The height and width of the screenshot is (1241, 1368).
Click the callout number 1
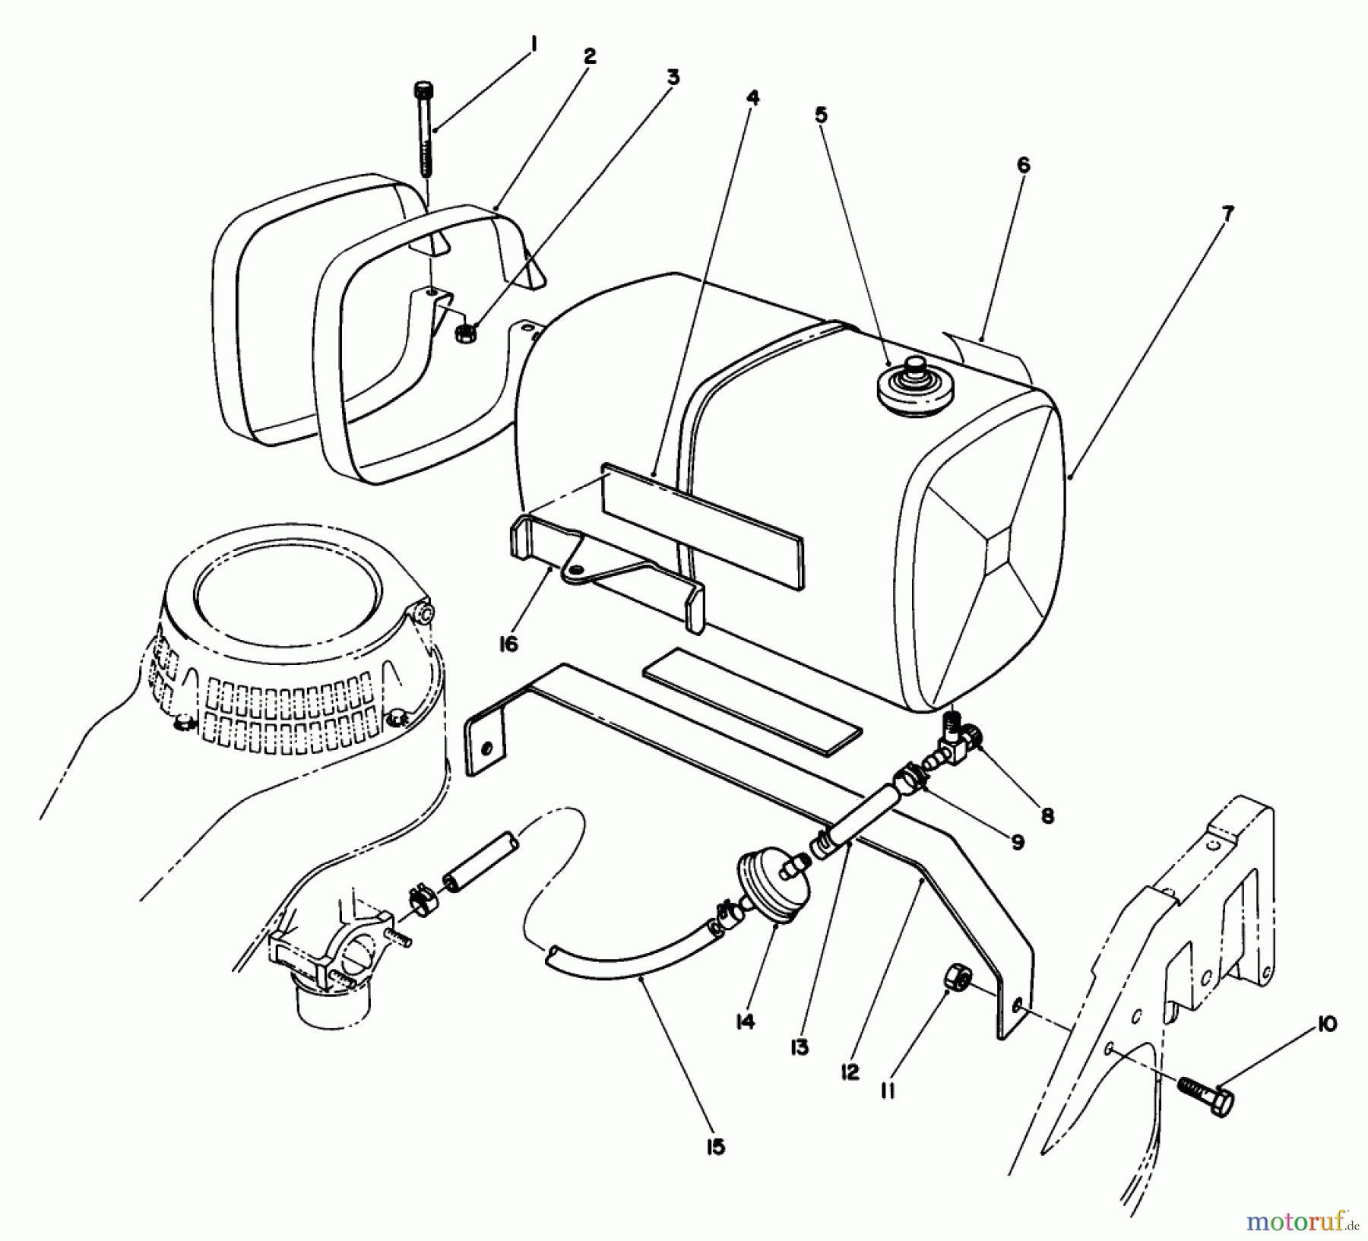(534, 46)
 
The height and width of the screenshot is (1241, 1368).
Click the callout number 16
(508, 644)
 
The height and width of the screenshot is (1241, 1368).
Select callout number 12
(850, 1072)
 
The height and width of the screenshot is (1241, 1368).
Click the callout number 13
(800, 1047)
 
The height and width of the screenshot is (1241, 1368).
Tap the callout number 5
(821, 115)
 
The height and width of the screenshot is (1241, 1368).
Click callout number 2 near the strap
(590, 55)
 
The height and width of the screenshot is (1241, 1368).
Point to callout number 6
(1023, 166)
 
